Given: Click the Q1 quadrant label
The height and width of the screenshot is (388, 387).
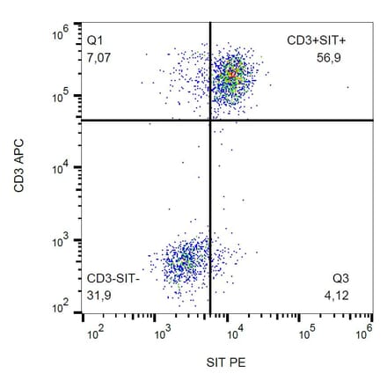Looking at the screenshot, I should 95,40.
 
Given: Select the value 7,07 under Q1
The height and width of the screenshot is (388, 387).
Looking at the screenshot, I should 99,57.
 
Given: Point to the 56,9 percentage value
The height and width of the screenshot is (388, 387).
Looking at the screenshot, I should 329,57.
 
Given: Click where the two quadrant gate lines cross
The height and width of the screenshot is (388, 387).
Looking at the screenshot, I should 210,121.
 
